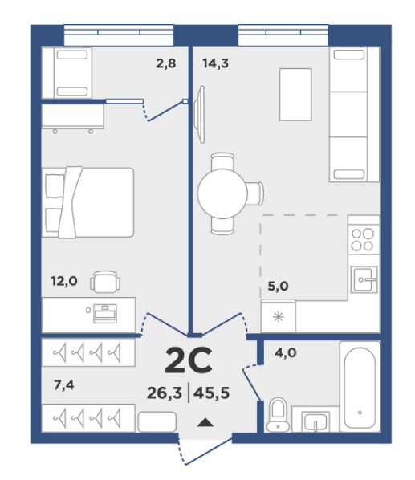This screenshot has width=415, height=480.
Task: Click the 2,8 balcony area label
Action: [166, 63]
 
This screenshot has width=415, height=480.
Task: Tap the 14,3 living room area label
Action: [215, 63]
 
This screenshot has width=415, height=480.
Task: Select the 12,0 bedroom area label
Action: [64, 281]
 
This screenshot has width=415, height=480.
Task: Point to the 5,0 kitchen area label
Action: [278, 287]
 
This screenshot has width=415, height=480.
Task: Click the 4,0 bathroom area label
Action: [286, 353]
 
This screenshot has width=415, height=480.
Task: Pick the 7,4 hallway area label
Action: [64, 385]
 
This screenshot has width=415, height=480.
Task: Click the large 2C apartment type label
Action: [189, 360]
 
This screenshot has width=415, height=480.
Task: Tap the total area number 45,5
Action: [211, 393]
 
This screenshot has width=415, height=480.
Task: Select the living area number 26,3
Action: [165, 393]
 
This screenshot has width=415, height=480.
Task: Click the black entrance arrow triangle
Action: [205, 422]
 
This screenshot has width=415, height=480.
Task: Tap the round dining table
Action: [222, 193]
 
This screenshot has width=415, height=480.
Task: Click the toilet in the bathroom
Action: [278, 415]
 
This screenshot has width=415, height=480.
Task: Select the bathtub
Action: [360, 387]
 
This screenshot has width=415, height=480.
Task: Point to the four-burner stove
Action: [364, 240]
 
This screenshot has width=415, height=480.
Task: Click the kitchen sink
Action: [364, 279]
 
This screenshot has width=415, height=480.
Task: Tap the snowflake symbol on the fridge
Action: [279, 317]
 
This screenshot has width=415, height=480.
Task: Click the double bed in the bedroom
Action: [87, 202]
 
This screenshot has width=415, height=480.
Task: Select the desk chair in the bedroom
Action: [105, 282]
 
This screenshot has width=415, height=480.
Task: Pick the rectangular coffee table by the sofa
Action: [295, 94]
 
